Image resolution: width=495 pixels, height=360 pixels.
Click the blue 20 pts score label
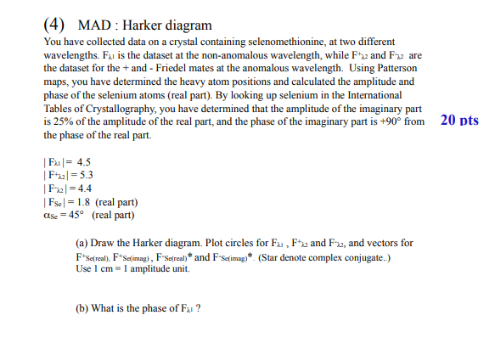click(x=459, y=120)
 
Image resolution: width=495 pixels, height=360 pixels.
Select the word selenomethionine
click(x=289, y=41)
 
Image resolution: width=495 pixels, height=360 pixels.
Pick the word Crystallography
click(x=119, y=110)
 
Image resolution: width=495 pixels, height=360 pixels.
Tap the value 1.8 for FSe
click(x=84, y=202)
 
